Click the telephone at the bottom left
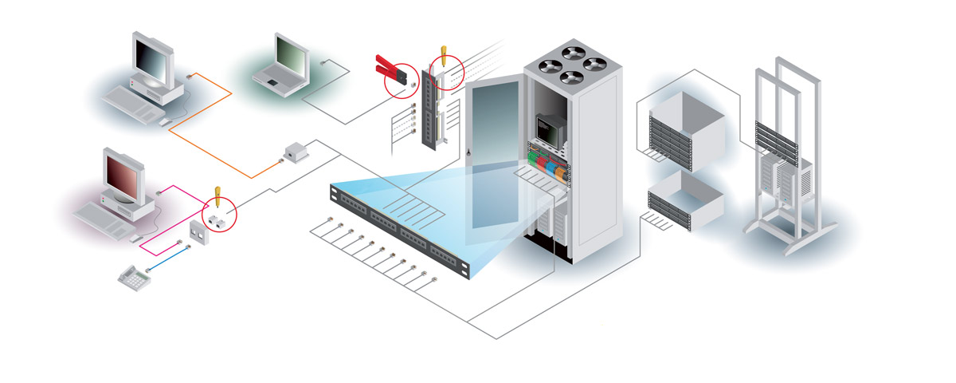pos(132,278)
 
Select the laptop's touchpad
pos(272,81)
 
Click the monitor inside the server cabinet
pos(548,127)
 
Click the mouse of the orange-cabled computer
pos(165,122)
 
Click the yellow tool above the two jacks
pos(216,193)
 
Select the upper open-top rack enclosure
pos(685,124)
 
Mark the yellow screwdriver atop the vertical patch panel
pos(442,57)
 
